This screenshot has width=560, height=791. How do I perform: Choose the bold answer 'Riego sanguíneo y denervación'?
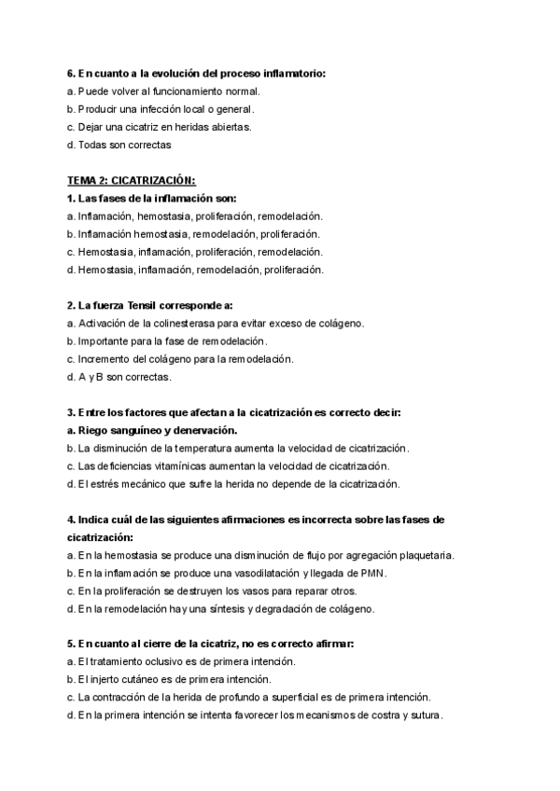152,430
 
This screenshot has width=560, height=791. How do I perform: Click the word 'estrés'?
101,483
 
